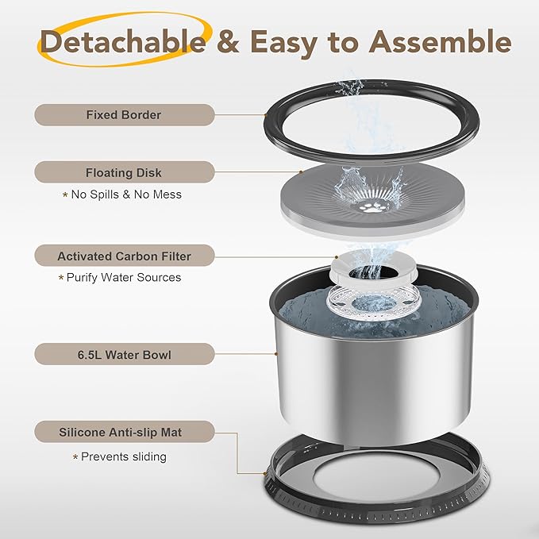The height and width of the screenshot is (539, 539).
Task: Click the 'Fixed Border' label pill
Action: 125,115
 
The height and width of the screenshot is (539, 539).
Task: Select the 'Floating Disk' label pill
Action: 125,172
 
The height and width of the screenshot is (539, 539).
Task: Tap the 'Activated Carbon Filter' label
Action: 125,256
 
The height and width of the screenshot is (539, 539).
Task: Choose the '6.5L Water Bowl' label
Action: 125,354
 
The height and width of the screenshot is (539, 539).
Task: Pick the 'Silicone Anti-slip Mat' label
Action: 125,432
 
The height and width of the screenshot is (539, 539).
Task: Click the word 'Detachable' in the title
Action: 123,41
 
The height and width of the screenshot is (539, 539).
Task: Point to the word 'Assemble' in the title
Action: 440,41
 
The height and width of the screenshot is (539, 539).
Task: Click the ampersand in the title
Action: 228,41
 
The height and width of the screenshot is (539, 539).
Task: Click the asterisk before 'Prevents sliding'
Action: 75,457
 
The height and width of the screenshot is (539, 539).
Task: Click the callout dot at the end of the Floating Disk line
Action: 301,171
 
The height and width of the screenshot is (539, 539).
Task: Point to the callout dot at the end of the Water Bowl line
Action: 275,353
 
